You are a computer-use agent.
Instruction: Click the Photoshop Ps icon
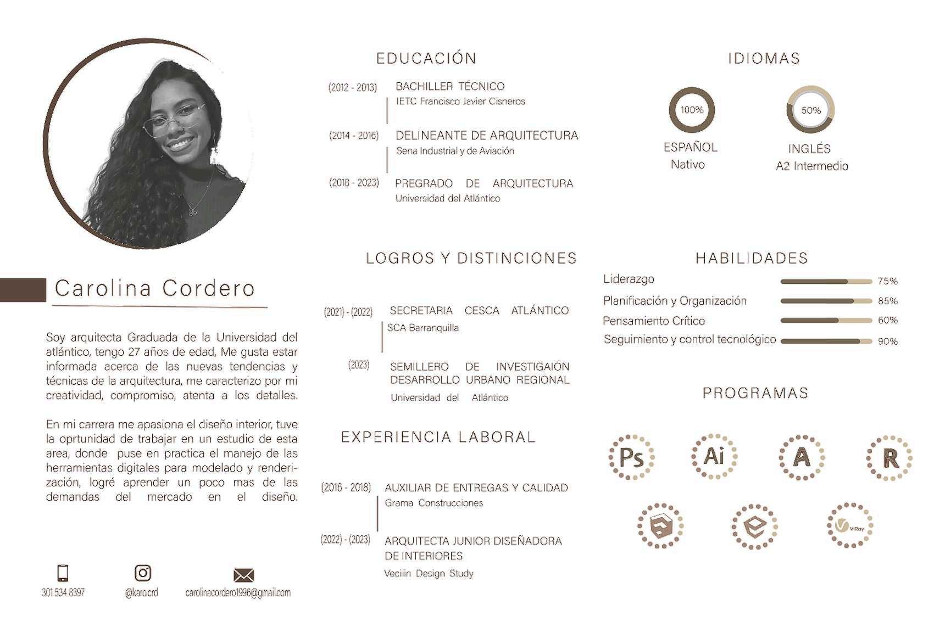(631, 457)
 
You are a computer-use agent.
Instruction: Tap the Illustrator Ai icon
(714, 456)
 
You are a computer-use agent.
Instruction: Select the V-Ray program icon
(849, 525)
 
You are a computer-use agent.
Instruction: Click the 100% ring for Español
(692, 110)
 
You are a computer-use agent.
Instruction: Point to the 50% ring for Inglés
(810, 110)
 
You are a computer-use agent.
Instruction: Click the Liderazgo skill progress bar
(826, 282)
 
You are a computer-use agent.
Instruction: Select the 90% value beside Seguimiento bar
(887, 341)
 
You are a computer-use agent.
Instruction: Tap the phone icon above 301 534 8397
(63, 573)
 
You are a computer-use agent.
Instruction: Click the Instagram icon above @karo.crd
(143, 573)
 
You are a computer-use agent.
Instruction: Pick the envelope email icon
(243, 575)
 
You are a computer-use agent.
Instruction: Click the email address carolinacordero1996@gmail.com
(238, 593)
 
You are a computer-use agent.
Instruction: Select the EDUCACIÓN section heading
(426, 58)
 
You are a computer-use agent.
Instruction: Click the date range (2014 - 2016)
(354, 136)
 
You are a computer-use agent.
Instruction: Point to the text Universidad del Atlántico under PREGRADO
(447, 199)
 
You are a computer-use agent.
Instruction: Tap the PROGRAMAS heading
(755, 393)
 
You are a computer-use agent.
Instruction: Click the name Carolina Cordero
(155, 288)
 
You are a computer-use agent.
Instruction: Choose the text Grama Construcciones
(433, 503)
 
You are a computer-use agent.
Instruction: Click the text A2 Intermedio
(811, 166)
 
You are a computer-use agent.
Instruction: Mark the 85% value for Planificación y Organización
(887, 301)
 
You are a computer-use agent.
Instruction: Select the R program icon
(889, 458)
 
